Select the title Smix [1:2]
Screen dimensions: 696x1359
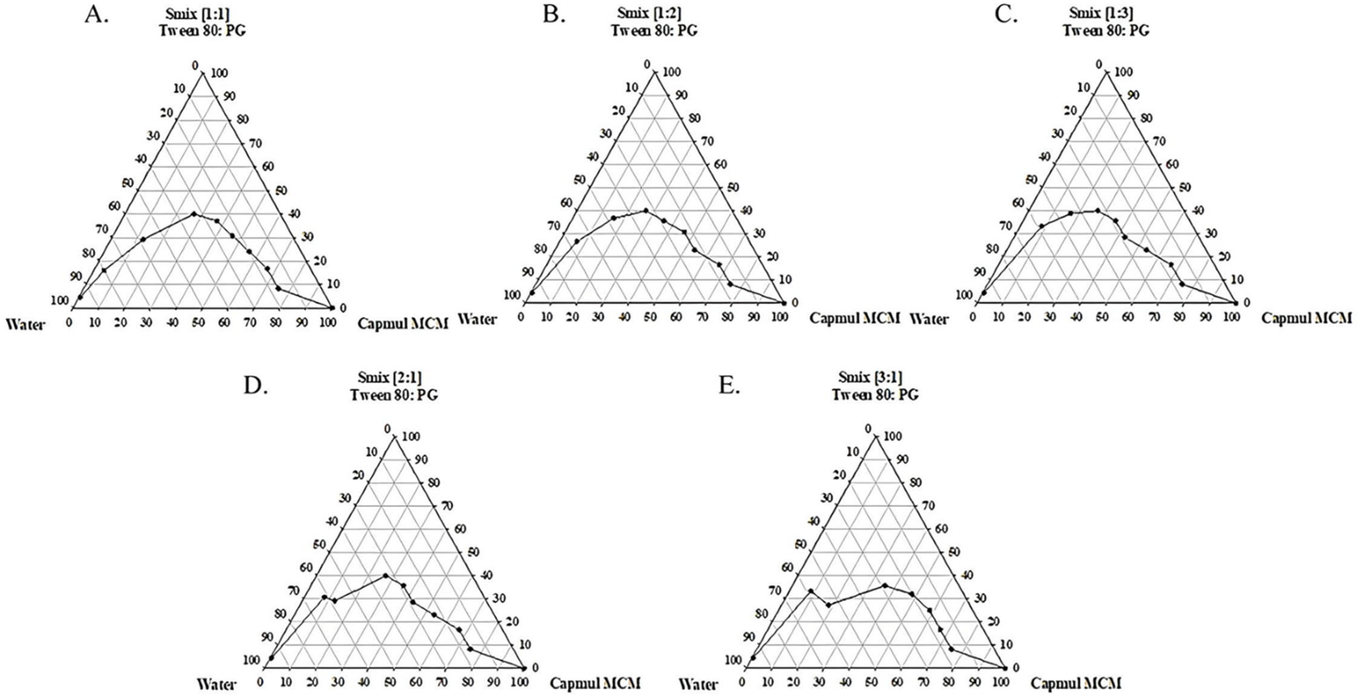[x=654, y=13]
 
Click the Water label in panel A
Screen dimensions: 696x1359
[x=25, y=324]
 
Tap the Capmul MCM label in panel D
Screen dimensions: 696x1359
[x=595, y=683]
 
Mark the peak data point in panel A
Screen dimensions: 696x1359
[x=194, y=214]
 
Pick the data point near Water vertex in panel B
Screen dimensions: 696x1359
[x=532, y=293]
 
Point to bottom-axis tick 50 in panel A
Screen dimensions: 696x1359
[x=198, y=322]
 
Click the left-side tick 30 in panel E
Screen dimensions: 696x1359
[x=826, y=498]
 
